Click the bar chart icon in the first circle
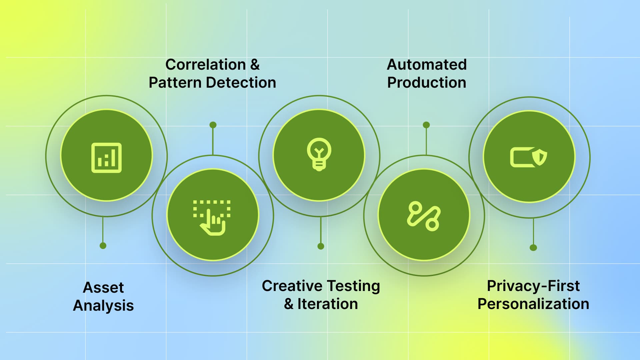point(106,158)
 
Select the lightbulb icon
point(319,154)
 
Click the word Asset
point(103,287)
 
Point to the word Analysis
point(103,306)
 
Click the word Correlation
point(206,65)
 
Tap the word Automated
point(427,65)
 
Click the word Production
point(427,83)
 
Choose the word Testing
point(353,286)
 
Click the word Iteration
point(328,304)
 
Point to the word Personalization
point(533,304)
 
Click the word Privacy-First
point(533,286)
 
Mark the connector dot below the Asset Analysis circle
point(103,246)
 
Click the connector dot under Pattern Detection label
point(213,125)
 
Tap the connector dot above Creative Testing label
point(321,246)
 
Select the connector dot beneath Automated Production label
point(426,125)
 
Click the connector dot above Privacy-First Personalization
point(533,248)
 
